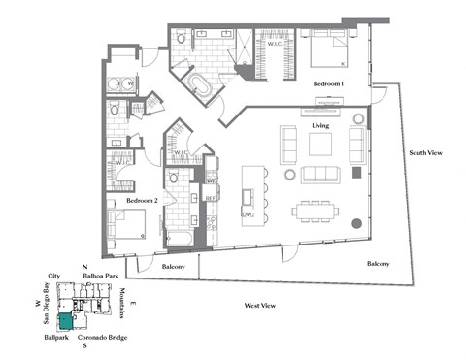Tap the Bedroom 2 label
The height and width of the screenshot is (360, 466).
pyautogui.click(x=142, y=200)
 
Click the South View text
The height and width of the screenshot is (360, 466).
pyautogui.click(x=426, y=152)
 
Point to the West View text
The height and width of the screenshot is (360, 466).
pyautogui.click(x=260, y=306)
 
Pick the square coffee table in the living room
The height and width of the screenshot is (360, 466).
pyautogui.click(x=321, y=145)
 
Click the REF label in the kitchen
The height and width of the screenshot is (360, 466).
pyautogui.click(x=210, y=198)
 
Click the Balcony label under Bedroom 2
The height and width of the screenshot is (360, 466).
pyautogui.click(x=174, y=265)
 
